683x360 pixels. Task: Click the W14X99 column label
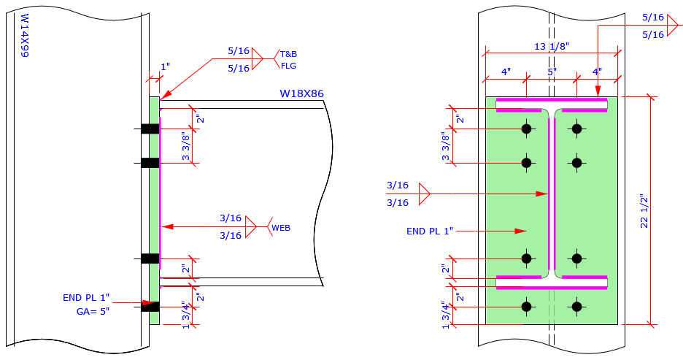pos(24,35)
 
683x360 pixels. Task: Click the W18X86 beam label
pos(301,93)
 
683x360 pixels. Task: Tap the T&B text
pos(289,54)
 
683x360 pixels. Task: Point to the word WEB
pos(281,228)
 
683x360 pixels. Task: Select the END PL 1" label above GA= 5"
pos(86,297)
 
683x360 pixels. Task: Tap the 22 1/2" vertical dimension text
pos(644,211)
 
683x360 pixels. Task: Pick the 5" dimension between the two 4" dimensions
pos(552,72)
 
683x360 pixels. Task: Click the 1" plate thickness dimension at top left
pos(165,66)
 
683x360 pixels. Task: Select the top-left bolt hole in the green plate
pos(526,129)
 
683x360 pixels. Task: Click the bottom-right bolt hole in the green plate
pos(577,307)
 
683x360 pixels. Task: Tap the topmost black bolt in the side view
pos(150,129)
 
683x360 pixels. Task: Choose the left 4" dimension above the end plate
pos(506,72)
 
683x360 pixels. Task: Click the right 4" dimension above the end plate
pos(596,72)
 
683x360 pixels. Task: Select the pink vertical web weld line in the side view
pos(161,190)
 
